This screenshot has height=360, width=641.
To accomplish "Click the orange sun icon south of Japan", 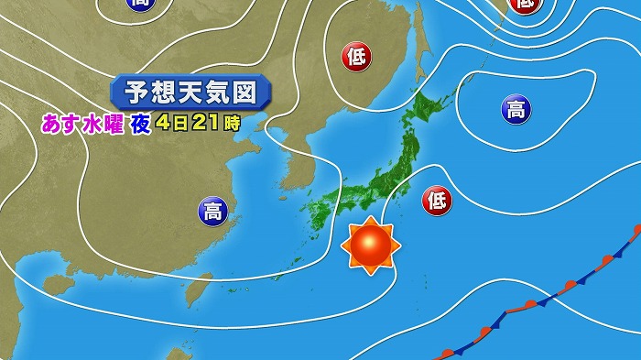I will point(370,245).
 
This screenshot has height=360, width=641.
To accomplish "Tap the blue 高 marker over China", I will point(212,212).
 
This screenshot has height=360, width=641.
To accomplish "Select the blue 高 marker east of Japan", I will point(516,111).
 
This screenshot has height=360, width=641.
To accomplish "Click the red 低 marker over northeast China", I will point(357,57).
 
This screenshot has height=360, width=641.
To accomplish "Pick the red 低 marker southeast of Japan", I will point(437,200).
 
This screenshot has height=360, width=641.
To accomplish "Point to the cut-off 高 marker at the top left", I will point(140,5).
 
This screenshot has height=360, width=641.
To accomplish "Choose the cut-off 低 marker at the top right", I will point(525,5).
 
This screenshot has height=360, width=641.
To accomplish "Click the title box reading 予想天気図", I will point(191,93).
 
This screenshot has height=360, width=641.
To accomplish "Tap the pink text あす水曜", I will point(81,124).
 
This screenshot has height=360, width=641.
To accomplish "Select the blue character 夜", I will point(139,124).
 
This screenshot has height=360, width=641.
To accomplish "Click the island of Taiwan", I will point(194,291).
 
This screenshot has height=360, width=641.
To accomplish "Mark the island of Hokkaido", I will point(431,109).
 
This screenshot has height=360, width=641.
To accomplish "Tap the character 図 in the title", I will point(255,93).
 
